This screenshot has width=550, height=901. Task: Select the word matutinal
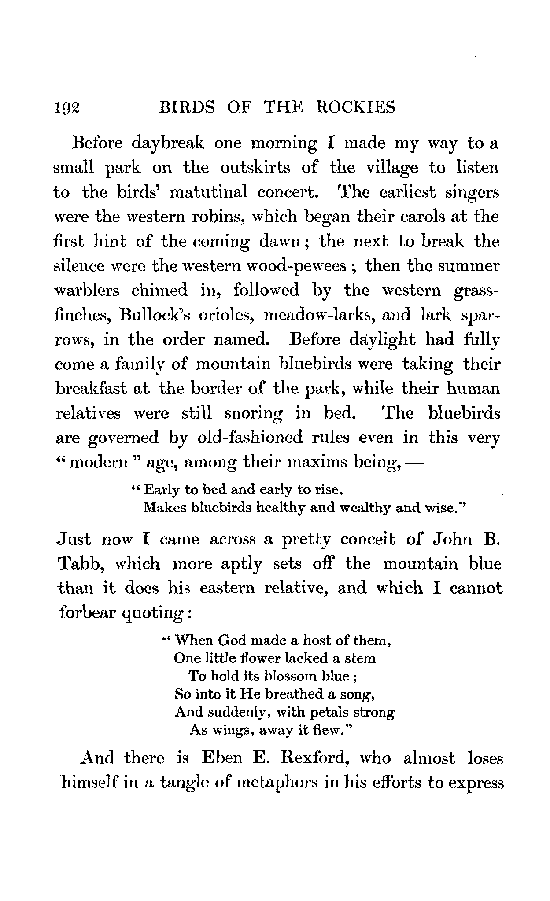coord(207,193)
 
